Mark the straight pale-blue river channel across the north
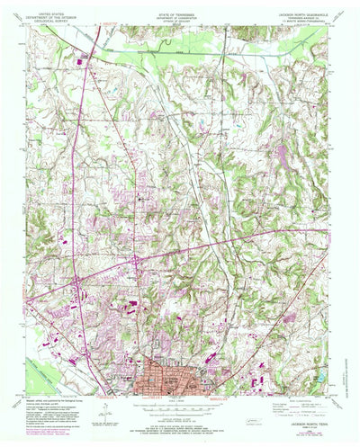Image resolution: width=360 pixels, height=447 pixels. tap(180, 53)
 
